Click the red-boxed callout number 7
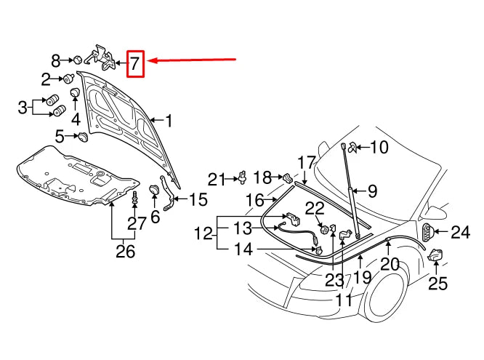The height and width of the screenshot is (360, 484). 136,64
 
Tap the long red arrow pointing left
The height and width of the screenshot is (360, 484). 193,60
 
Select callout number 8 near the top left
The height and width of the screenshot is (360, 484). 56,60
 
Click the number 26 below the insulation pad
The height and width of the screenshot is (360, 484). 125,252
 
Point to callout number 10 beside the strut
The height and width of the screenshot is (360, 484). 379,148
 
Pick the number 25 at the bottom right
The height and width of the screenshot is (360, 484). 437,283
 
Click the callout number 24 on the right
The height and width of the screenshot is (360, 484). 460,233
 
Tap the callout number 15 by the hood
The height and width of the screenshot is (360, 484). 198,199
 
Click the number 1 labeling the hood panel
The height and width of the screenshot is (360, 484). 169,121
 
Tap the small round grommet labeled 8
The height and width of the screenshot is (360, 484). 76,60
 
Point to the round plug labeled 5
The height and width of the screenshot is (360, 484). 82,136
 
